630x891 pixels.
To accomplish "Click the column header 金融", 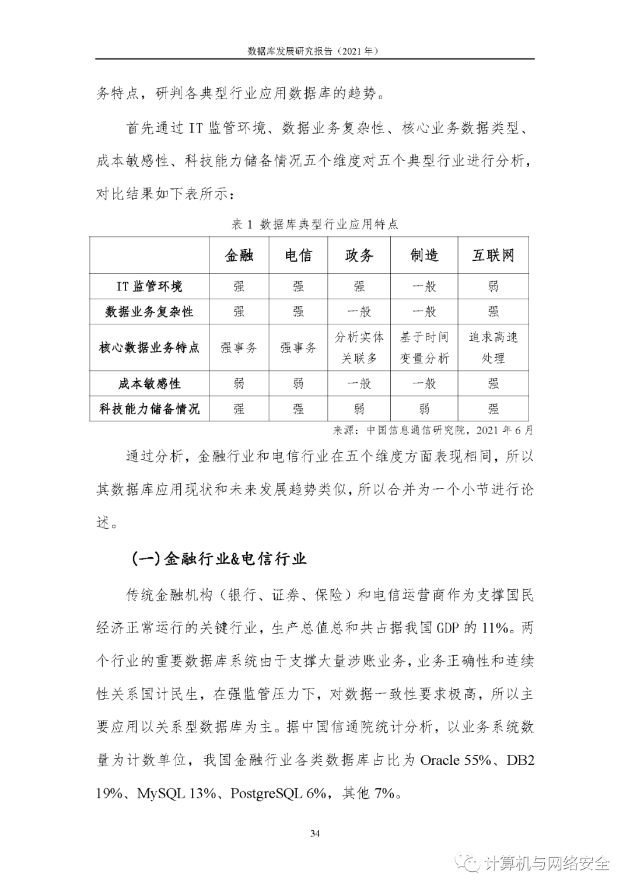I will (239, 255).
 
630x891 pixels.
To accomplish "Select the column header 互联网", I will (493, 255).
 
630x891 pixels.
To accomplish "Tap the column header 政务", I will (359, 255).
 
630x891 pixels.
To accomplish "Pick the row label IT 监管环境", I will (149, 286).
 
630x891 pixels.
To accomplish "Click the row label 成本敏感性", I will (149, 383).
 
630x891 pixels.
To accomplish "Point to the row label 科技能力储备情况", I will (149, 408).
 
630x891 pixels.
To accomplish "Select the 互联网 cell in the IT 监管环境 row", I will (493, 286).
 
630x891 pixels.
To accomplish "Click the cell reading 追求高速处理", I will (493, 347).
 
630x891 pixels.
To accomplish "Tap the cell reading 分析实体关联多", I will (359, 347).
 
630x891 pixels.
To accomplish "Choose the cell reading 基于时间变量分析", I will (424, 347).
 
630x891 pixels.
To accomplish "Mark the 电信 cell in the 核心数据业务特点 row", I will (298, 348).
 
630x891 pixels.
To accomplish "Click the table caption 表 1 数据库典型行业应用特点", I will (315, 224).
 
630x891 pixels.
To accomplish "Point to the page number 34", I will (315, 833).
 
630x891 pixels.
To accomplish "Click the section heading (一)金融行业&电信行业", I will (219, 558).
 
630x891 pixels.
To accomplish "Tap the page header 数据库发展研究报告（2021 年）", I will (314, 51).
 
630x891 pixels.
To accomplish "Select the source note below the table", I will (432, 431).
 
